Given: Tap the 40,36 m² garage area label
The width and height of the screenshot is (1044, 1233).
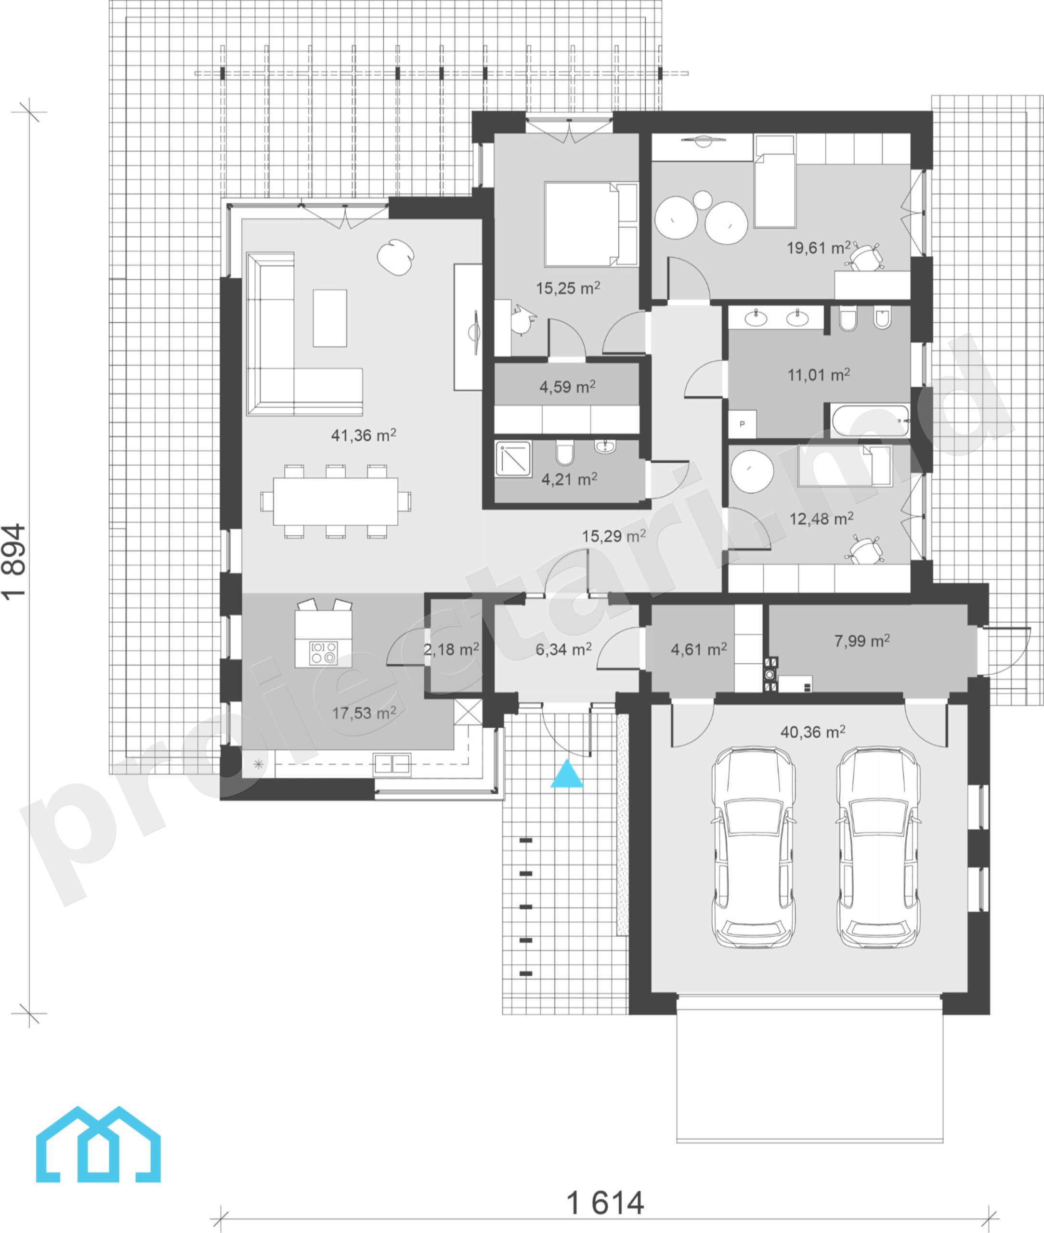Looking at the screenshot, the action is click(812, 732).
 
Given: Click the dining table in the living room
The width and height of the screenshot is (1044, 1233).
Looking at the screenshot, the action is click(336, 501).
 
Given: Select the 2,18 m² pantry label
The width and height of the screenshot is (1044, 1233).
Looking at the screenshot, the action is click(451, 649).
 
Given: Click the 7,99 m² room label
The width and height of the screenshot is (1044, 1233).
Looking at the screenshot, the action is click(861, 641).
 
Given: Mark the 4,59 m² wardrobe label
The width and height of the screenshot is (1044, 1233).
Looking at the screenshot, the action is click(567, 387).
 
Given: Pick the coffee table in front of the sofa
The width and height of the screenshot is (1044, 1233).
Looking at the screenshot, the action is click(330, 318).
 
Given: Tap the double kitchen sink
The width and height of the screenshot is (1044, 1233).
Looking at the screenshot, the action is click(392, 764).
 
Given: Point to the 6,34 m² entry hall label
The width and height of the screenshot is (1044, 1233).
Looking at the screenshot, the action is click(563, 649).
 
